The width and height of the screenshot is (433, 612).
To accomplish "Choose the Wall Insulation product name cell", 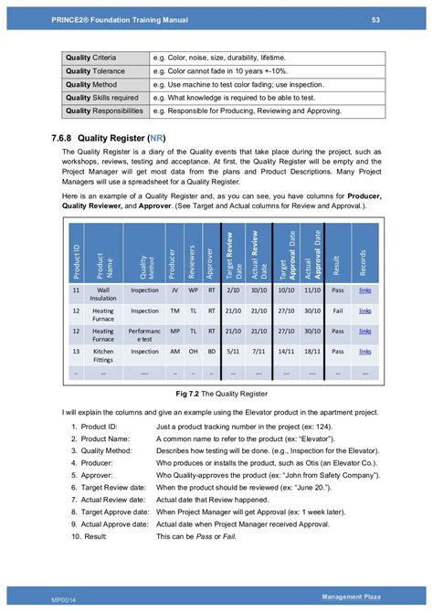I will (x=102, y=292).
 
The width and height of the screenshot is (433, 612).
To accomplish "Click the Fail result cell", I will (x=337, y=311).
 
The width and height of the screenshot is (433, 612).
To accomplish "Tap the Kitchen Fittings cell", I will (x=102, y=353).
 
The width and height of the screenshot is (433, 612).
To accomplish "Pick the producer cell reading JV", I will (x=171, y=290).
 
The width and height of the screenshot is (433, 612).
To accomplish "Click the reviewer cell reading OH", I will (x=192, y=351).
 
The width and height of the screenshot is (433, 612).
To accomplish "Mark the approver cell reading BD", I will (x=212, y=351).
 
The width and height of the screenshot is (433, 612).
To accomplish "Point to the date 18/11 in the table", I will (x=312, y=351).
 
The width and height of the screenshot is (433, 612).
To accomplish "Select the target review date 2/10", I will (x=233, y=290).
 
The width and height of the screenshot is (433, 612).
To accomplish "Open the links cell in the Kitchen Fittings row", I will (x=364, y=351).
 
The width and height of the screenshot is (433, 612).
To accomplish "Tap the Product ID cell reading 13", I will (x=76, y=351).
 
